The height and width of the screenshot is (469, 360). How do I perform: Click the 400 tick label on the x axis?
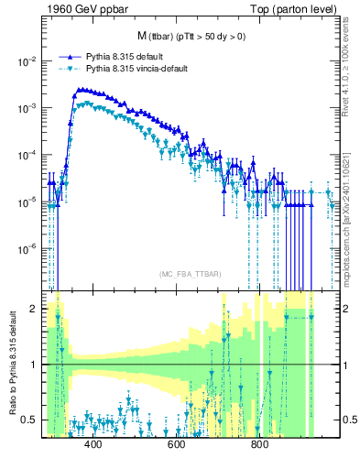[x=93, y=445]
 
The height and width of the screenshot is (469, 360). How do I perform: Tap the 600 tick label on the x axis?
[x=176, y=445]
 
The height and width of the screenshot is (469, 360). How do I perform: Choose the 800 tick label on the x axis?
[x=259, y=445]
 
